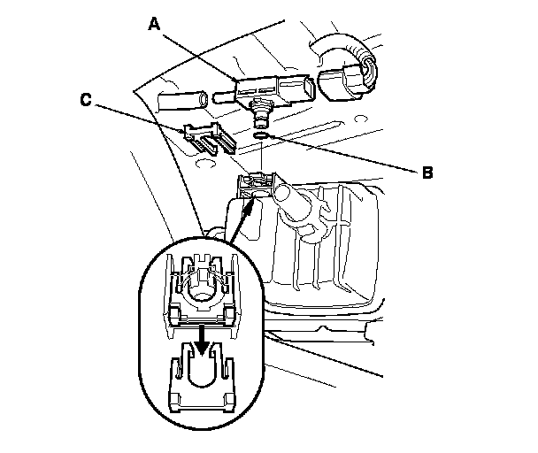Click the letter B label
pos(428,173)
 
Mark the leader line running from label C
pos(142,119)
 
